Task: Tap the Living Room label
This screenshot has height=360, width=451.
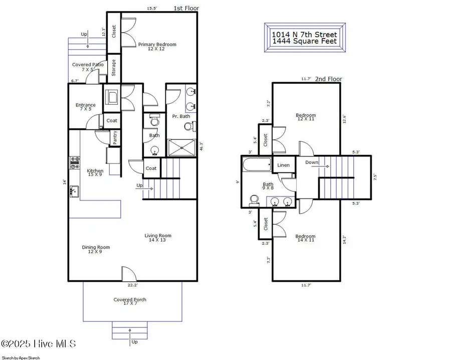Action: [158, 238]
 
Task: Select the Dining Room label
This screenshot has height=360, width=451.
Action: [96, 249]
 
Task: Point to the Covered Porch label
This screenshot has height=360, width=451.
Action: [130, 302]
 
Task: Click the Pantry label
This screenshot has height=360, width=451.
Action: [115, 138]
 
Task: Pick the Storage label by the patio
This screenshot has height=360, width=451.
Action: [114, 68]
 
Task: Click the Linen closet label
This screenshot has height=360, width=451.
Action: [283, 165]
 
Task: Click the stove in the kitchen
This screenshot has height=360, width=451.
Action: [74, 162]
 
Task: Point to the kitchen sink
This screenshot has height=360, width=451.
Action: [74, 191]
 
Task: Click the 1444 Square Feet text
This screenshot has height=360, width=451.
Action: [304, 42]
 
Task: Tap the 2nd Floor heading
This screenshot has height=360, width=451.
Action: [328, 79]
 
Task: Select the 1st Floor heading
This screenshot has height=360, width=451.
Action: [186, 9]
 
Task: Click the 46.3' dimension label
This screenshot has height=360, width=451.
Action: [200, 146]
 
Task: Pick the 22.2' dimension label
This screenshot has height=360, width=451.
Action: [133, 285]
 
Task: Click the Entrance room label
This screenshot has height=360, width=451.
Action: [85, 107]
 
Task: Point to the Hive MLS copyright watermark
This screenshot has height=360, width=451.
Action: [39, 344]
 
